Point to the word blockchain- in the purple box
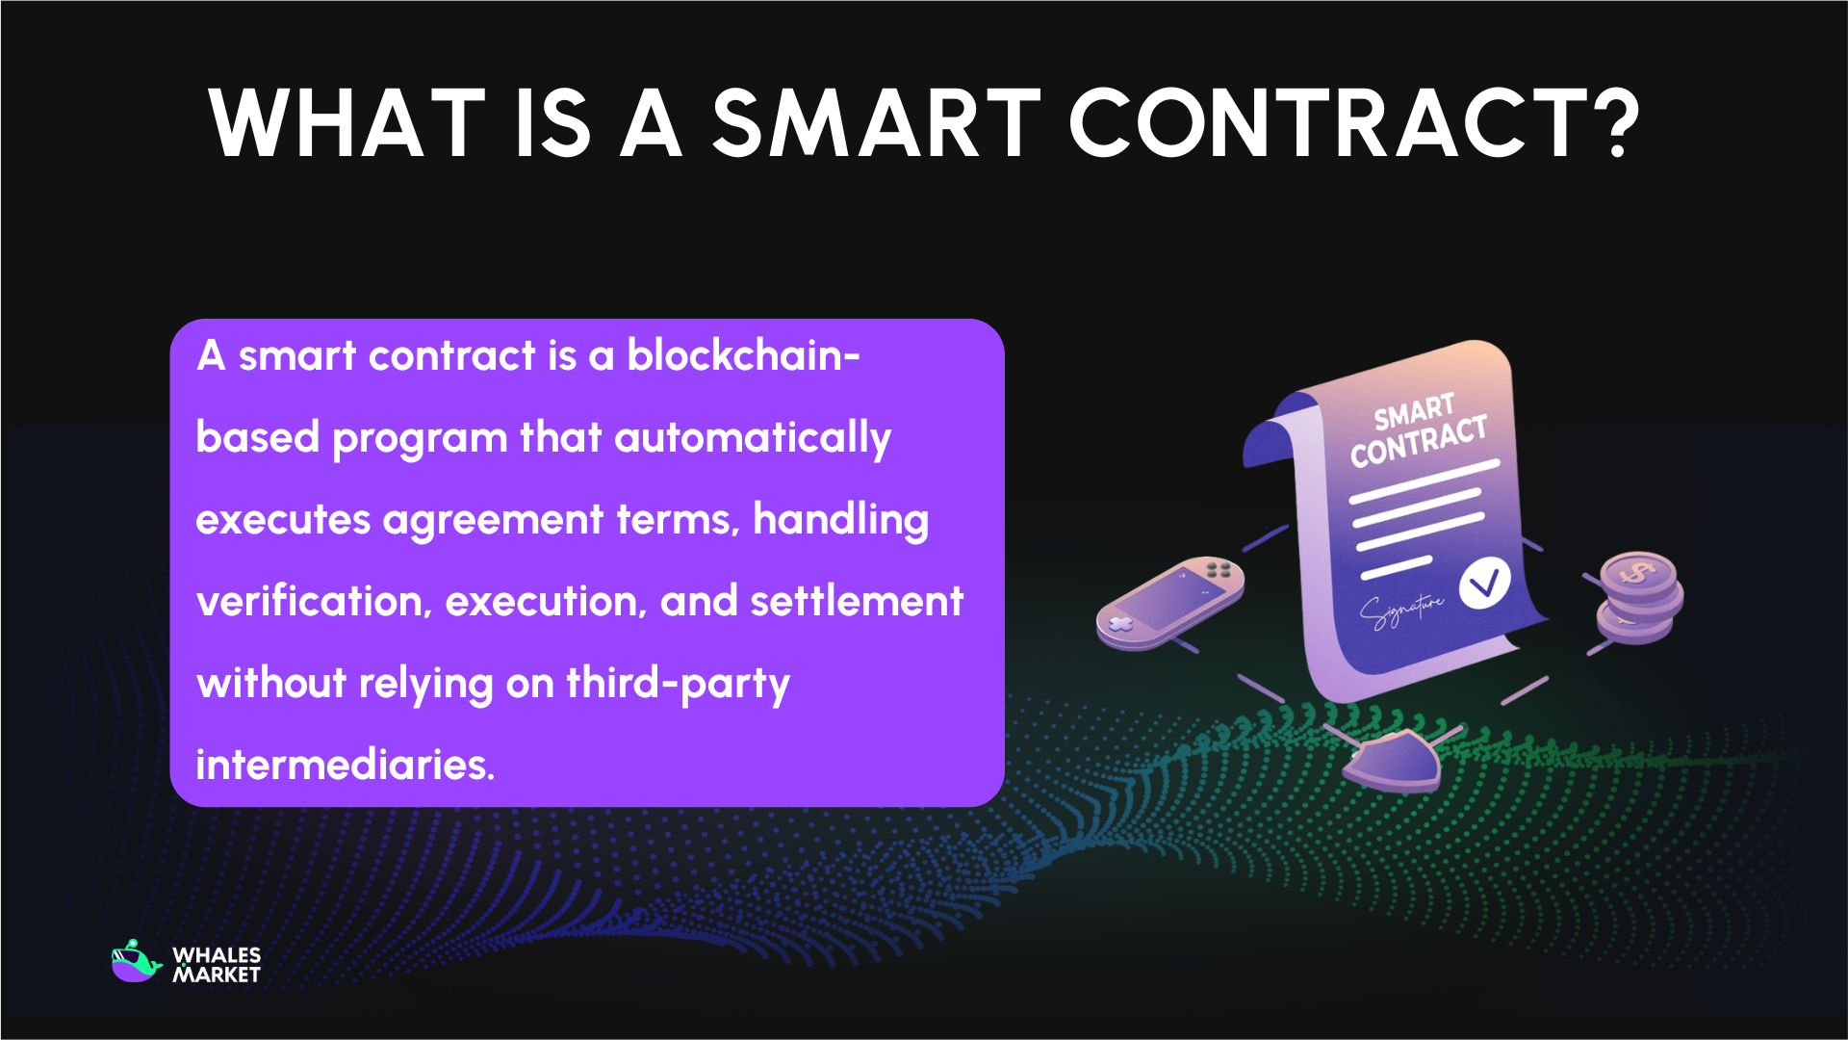(743, 355)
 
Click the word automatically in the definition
(753, 438)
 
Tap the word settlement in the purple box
(857, 602)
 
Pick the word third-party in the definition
(678, 684)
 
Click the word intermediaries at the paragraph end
(345, 766)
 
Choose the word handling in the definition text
(840, 520)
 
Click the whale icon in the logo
(136, 962)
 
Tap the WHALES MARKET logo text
(217, 965)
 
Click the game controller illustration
(1170, 601)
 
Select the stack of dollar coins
(1639, 597)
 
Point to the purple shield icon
(1392, 761)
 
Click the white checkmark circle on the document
(1483, 584)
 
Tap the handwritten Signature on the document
(1401, 610)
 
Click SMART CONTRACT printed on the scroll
(1417, 430)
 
